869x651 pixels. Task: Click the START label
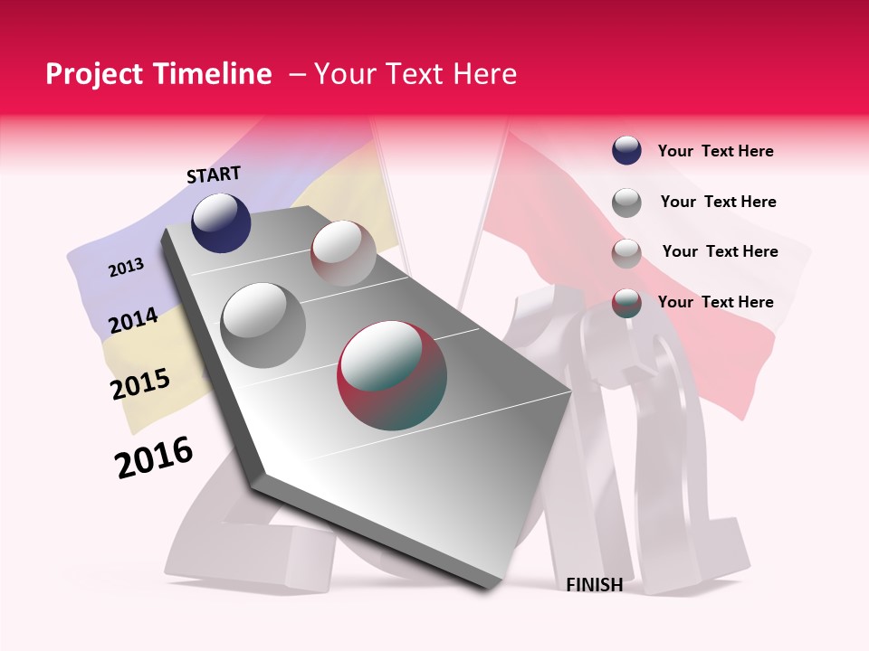(214, 175)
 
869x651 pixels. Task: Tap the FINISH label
(594, 585)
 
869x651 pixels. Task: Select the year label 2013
(126, 268)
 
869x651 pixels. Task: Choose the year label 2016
(154, 458)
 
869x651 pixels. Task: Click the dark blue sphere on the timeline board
(221, 222)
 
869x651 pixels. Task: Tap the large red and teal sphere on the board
(392, 375)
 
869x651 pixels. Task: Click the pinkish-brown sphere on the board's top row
(343, 253)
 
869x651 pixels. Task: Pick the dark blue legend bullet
(626, 151)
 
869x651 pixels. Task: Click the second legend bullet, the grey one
(626, 202)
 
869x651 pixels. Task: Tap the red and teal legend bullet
(626, 302)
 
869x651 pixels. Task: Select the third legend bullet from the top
(626, 252)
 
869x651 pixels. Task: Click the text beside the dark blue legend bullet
(715, 151)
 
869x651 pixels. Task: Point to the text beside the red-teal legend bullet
(715, 302)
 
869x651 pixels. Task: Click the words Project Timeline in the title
(158, 74)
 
